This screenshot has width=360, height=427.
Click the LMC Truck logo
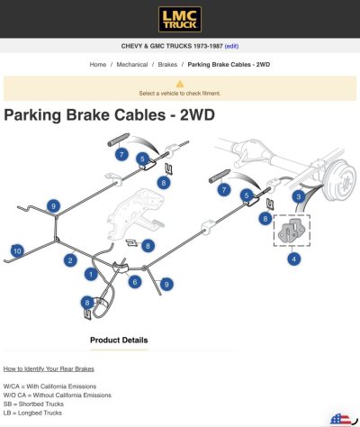180,19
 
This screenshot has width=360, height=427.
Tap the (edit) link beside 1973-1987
231,46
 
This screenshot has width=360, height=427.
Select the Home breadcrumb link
98,65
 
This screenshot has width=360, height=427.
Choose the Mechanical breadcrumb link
132,65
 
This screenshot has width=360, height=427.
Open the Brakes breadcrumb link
167,65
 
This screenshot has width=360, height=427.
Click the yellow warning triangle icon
180,84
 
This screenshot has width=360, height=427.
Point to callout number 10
17,251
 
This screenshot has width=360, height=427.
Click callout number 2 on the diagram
70,260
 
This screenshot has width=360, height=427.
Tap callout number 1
91,274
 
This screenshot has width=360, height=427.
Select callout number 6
135,282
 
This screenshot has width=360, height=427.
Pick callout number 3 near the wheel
299,197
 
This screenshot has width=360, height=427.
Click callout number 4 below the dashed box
294,259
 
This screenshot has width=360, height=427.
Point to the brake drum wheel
339,181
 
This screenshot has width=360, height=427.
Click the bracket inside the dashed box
292,231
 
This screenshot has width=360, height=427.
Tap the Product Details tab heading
119,341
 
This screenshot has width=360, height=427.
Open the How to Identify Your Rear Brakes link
49,368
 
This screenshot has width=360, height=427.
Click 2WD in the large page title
197,114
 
